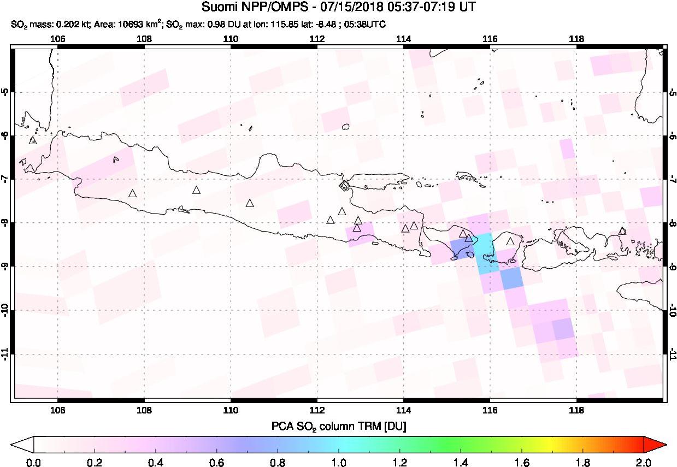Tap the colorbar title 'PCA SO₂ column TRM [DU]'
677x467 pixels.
(338, 425)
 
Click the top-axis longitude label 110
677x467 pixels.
(231, 39)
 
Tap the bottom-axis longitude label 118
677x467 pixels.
(576, 411)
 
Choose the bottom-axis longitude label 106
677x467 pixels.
(57, 411)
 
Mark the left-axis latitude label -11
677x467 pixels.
(5, 354)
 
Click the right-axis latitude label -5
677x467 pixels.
(672, 91)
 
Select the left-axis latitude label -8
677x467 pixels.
(5, 223)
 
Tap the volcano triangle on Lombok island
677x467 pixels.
(510, 241)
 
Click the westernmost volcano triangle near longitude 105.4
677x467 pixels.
(32, 140)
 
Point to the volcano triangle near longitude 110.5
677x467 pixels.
(250, 203)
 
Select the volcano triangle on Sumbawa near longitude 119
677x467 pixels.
(622, 231)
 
